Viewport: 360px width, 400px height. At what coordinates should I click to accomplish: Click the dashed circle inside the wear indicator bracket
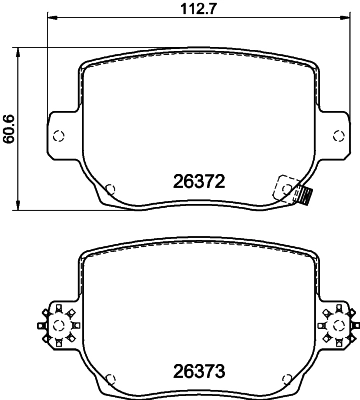pyautogui.click(x=290, y=186)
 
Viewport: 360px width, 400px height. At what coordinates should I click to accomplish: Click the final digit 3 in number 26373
pyautogui.click(x=217, y=372)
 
